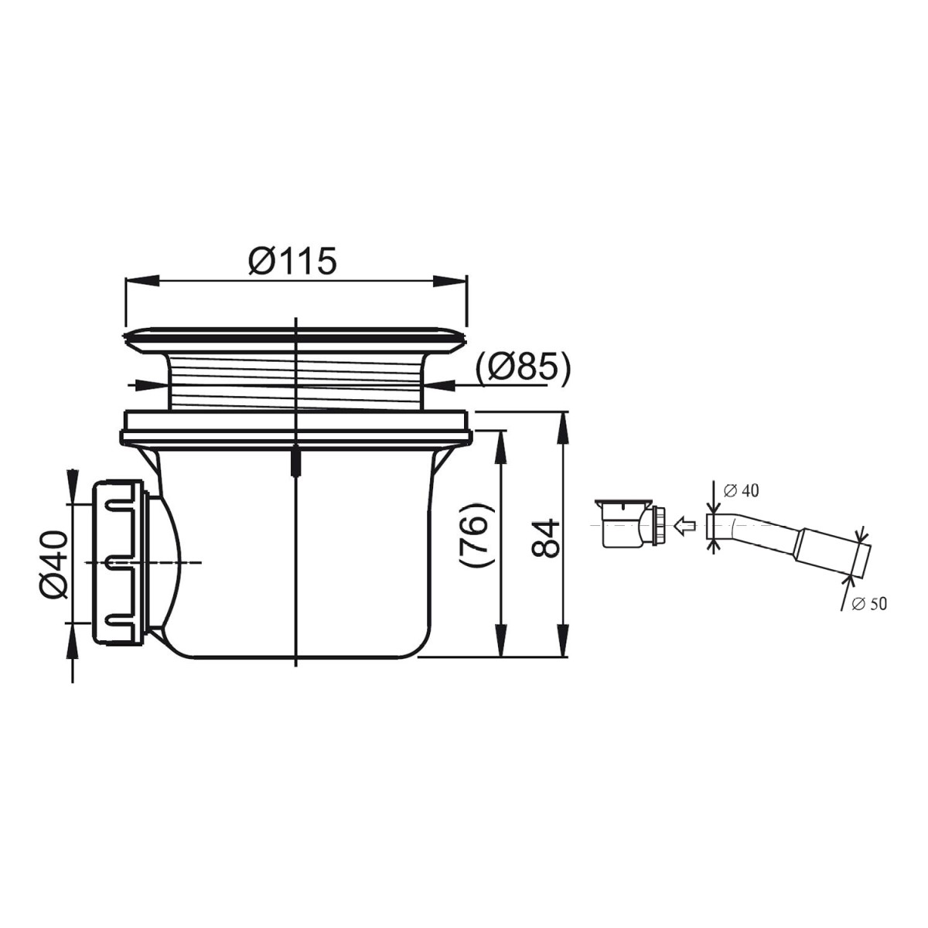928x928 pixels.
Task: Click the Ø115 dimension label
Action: [x=292, y=261]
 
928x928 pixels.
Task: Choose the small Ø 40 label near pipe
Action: [x=741, y=490]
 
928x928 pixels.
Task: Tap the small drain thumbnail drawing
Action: [x=632, y=524]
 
